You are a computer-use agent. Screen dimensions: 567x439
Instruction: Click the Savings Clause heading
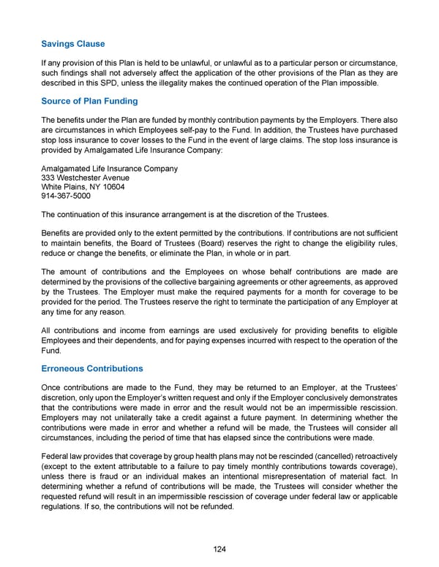(73, 44)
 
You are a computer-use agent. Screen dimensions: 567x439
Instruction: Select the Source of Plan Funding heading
(89, 101)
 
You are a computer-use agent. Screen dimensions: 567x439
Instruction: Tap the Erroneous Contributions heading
(91, 368)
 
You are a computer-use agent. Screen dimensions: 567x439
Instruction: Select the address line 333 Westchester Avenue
(86, 178)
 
